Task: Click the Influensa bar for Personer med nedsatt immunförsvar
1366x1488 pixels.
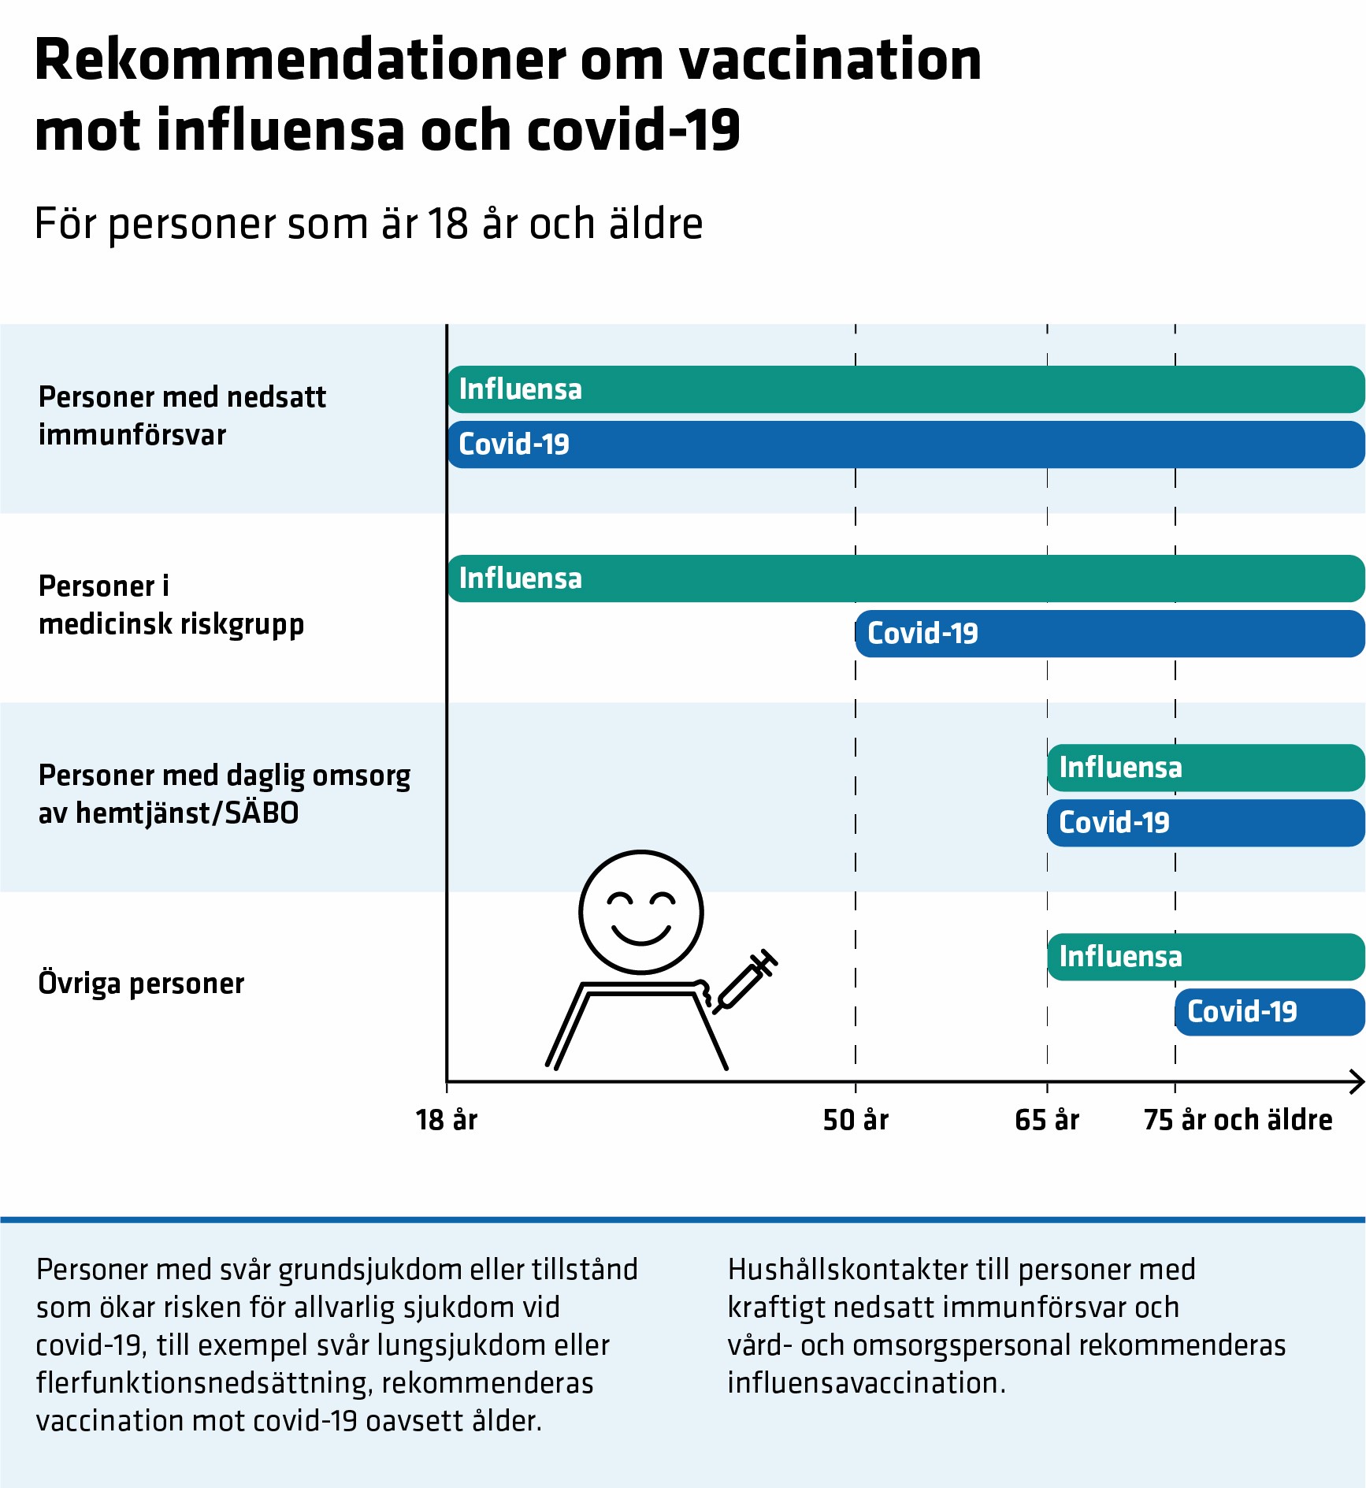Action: (906, 389)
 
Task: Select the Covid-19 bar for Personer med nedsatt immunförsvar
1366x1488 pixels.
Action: (906, 445)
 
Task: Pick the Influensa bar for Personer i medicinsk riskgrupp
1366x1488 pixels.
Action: (906, 578)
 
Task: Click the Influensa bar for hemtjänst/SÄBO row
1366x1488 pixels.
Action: (1205, 768)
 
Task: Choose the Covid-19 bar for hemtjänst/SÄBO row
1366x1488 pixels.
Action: (1205, 823)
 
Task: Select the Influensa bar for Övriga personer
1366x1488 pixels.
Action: (1205, 957)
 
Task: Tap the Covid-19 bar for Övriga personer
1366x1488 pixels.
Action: (1269, 1012)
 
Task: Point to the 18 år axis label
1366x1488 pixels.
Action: (447, 1120)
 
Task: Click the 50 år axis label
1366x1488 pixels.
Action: (856, 1120)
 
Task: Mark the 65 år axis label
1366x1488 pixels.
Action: (1047, 1120)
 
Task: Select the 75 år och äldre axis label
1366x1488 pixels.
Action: (1238, 1120)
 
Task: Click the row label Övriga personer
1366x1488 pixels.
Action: (142, 984)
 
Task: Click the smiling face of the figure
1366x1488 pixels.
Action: (641, 912)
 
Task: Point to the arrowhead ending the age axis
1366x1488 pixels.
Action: (1357, 1081)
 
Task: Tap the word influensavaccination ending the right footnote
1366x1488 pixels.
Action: (866, 1383)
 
